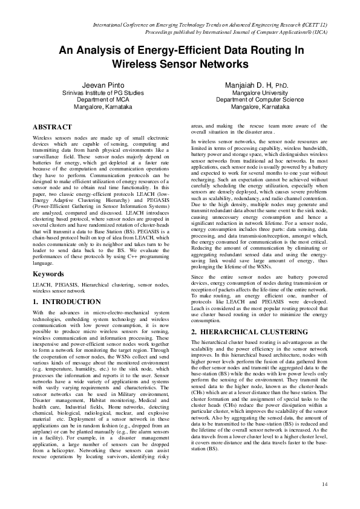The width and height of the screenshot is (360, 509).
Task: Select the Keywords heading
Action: [48, 274]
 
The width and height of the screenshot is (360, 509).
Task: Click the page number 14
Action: [324, 484]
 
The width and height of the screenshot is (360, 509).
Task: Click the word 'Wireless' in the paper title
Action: [137, 63]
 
